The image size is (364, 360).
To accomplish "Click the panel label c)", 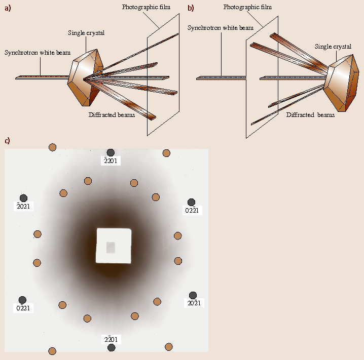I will coord(7,140).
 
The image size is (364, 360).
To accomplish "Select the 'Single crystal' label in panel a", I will coord(86,33).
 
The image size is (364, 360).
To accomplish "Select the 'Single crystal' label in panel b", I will coord(333,47).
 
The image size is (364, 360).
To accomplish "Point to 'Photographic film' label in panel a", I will coord(146,7).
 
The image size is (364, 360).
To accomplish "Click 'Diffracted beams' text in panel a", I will coord(113,114).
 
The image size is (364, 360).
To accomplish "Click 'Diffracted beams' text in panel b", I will coord(310,115).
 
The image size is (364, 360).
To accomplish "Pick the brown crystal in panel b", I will coord(341,84).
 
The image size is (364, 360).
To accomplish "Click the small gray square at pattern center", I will coord(111,247).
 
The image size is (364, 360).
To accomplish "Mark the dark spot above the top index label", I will coord(111,152).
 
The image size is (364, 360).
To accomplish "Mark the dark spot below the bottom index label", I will coord(112,347).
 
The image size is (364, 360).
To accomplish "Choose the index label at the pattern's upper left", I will coord(24,206).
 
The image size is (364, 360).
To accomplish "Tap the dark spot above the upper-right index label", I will coord(191,202).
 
